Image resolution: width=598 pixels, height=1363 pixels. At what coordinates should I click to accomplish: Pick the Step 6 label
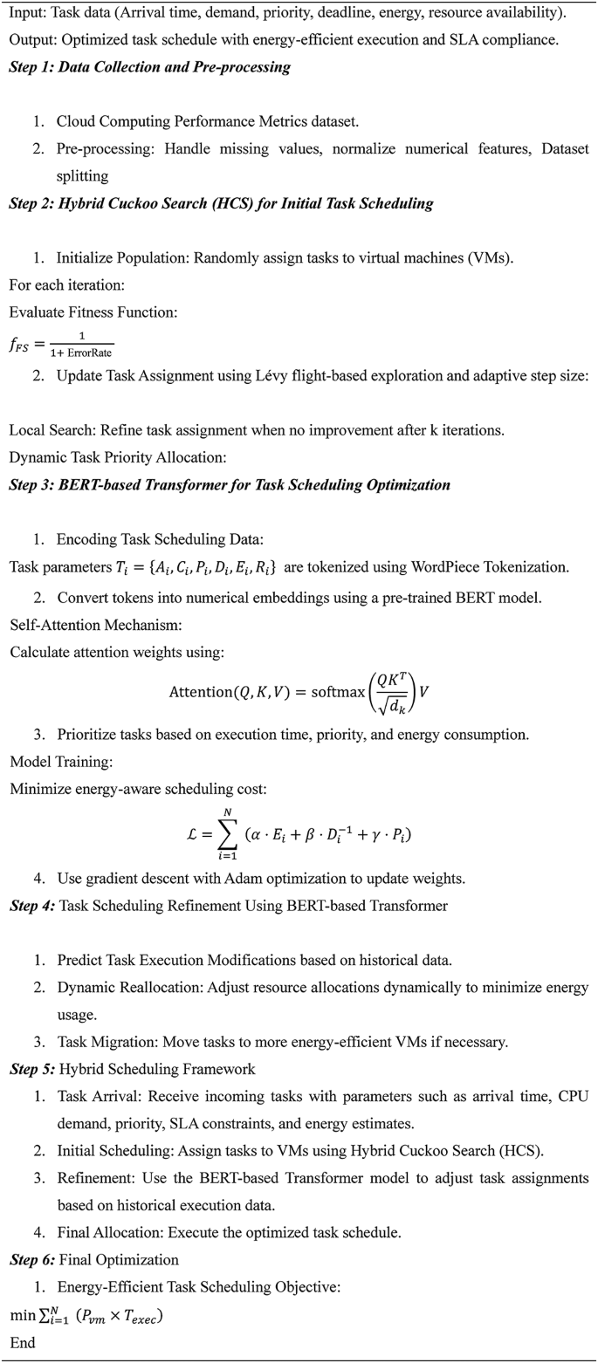(31, 1259)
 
